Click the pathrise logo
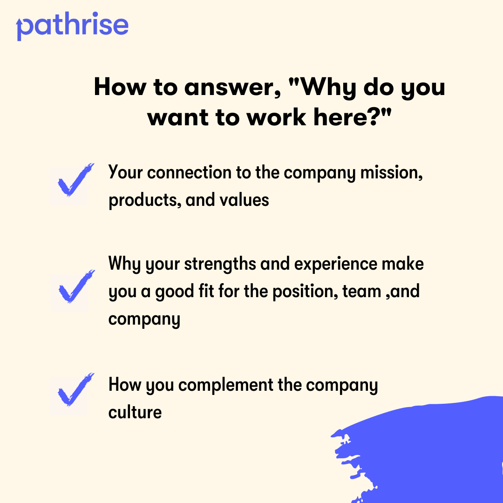pos(72,27)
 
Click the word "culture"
pos(135,412)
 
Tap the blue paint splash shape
pos(428,452)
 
